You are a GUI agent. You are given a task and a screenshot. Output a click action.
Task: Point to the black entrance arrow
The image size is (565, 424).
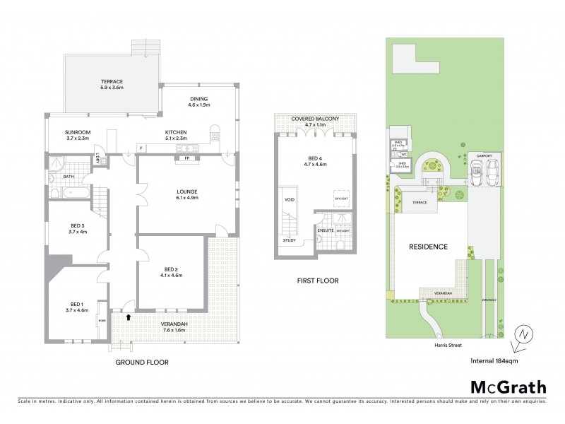click(x=128, y=317)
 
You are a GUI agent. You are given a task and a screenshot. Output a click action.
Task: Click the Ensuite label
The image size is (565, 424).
click(x=326, y=230)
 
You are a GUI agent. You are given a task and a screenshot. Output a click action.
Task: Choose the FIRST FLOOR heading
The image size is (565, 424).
click(x=318, y=281)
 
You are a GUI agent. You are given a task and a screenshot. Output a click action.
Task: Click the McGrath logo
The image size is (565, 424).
click(x=507, y=387)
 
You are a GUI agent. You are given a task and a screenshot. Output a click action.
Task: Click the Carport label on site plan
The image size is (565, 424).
click(x=484, y=155)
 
